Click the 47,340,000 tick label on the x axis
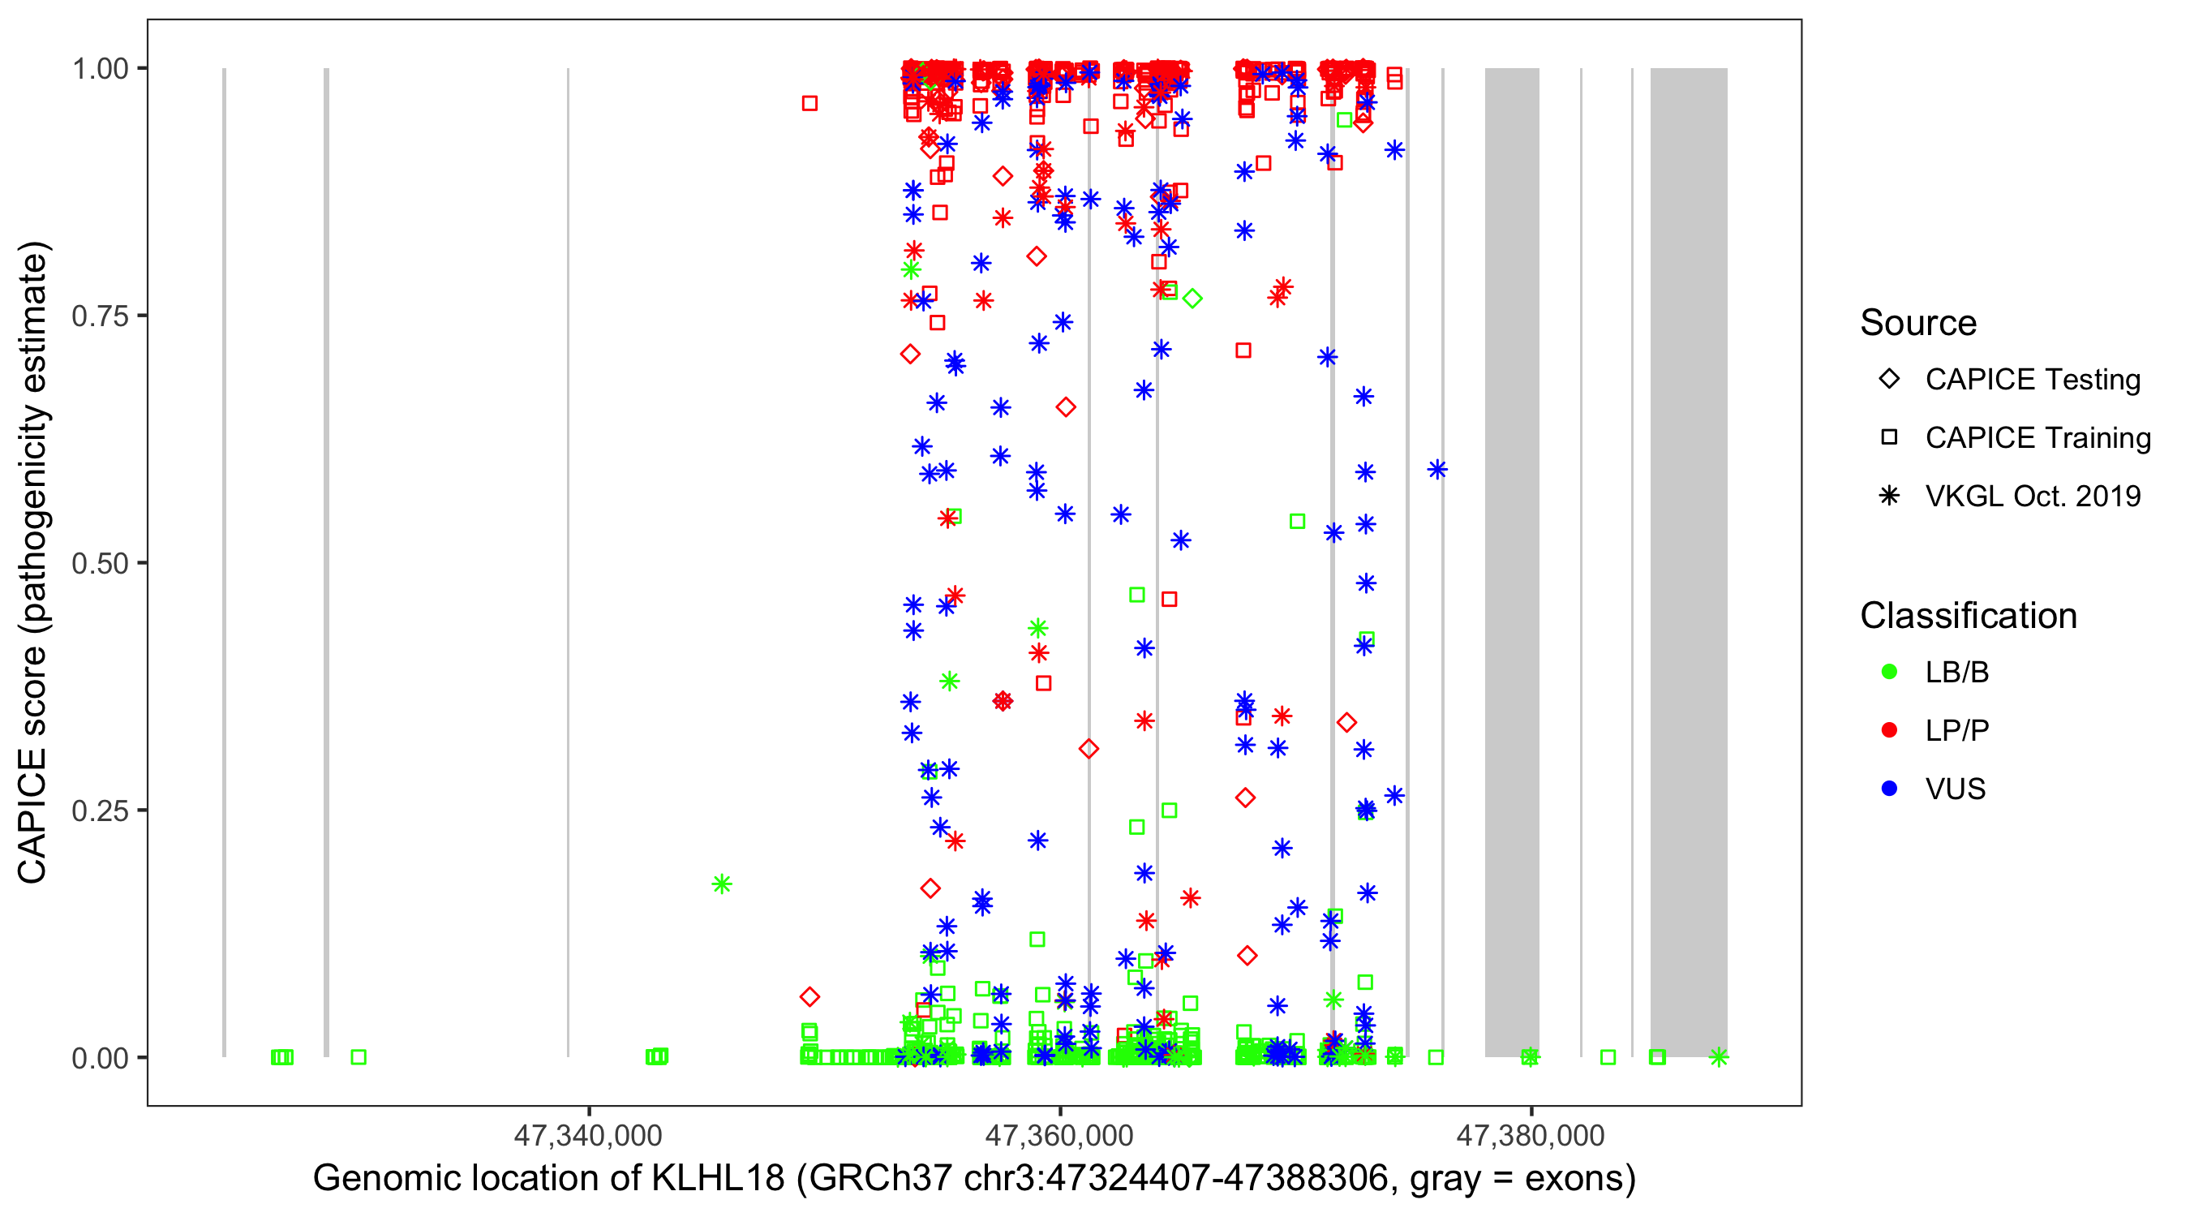pos(587,1134)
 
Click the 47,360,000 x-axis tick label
pos(1059,1134)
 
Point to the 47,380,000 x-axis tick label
pos(1531,1134)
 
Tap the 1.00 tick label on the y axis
pos(100,68)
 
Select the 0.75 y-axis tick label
pos(100,316)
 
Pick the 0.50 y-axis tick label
pos(100,563)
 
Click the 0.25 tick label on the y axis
pos(100,810)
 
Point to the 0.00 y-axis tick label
pos(100,1057)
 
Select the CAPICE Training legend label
pos(2038,437)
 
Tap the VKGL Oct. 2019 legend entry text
pos(2033,496)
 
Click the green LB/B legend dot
pos(1889,672)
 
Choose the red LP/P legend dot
pos(1889,729)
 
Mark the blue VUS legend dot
pos(1889,789)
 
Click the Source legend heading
pos(1918,322)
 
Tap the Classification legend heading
pos(1968,615)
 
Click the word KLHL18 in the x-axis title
pos(718,1178)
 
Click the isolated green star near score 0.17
pos(722,884)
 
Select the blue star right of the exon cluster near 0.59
pos(1436,469)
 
